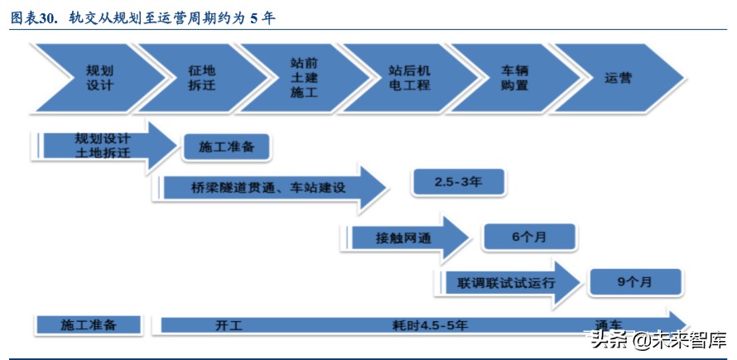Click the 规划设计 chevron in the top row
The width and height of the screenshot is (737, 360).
tap(99, 78)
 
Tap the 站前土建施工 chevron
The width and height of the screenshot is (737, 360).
tap(304, 78)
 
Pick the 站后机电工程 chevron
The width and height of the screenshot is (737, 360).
tap(409, 78)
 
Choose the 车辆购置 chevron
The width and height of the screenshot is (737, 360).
tap(514, 78)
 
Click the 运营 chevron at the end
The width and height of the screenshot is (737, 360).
tap(618, 78)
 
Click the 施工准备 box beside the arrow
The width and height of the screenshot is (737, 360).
tap(227, 147)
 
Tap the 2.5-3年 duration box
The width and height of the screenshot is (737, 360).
tap(458, 183)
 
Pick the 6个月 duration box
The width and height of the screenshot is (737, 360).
tap(529, 237)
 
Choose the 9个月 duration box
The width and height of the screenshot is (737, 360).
tap(634, 282)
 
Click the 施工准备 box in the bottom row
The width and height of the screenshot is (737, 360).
tap(89, 325)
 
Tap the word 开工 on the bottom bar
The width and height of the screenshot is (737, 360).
tap(228, 325)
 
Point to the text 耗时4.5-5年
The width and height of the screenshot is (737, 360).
tap(431, 325)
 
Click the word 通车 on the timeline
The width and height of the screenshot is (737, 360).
tap(609, 324)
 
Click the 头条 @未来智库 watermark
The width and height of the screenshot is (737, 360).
tap(654, 339)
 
